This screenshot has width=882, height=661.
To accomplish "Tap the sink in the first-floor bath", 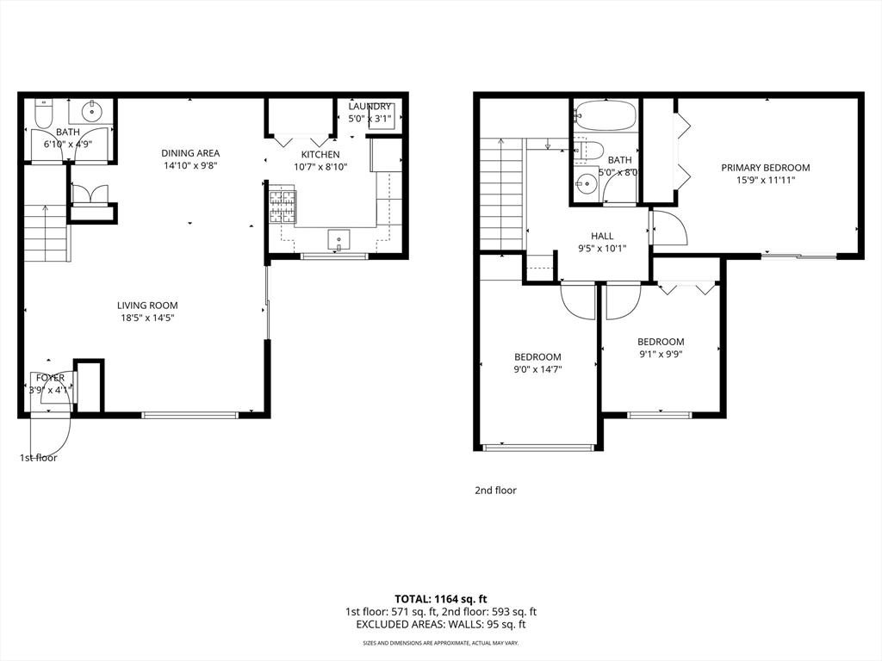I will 91,111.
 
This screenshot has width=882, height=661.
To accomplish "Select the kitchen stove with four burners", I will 282,207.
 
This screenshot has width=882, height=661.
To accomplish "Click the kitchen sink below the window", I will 339,238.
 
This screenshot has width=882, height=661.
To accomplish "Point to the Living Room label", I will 147,306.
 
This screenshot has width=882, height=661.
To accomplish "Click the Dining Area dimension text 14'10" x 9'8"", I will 190,166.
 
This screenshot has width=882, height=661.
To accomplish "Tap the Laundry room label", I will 370,107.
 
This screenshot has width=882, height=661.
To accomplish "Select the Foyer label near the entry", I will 50,378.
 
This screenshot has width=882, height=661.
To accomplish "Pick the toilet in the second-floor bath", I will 588,151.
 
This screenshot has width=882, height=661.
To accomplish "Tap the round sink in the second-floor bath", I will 587,182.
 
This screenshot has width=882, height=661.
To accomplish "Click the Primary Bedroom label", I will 766,168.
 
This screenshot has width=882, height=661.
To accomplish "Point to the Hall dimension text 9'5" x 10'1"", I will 602,249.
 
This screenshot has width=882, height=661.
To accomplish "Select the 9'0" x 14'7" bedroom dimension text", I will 538,370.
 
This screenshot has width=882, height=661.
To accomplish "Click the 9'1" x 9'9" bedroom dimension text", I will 661,355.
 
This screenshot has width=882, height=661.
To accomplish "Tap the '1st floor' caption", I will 39,458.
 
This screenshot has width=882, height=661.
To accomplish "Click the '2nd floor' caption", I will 495,491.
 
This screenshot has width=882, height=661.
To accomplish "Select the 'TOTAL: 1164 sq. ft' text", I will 441,599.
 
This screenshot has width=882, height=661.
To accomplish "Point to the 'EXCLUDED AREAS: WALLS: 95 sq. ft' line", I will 441,625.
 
